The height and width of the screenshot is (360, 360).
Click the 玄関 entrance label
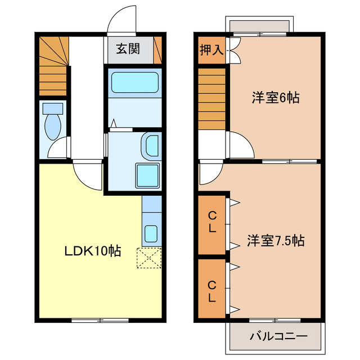[x=129, y=48]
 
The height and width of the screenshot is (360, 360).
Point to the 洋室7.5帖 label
[x=276, y=241]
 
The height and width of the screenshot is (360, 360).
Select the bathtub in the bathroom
[x=136, y=83]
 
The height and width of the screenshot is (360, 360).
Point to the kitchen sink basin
[x=151, y=232]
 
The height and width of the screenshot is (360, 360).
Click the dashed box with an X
[x=149, y=258]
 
